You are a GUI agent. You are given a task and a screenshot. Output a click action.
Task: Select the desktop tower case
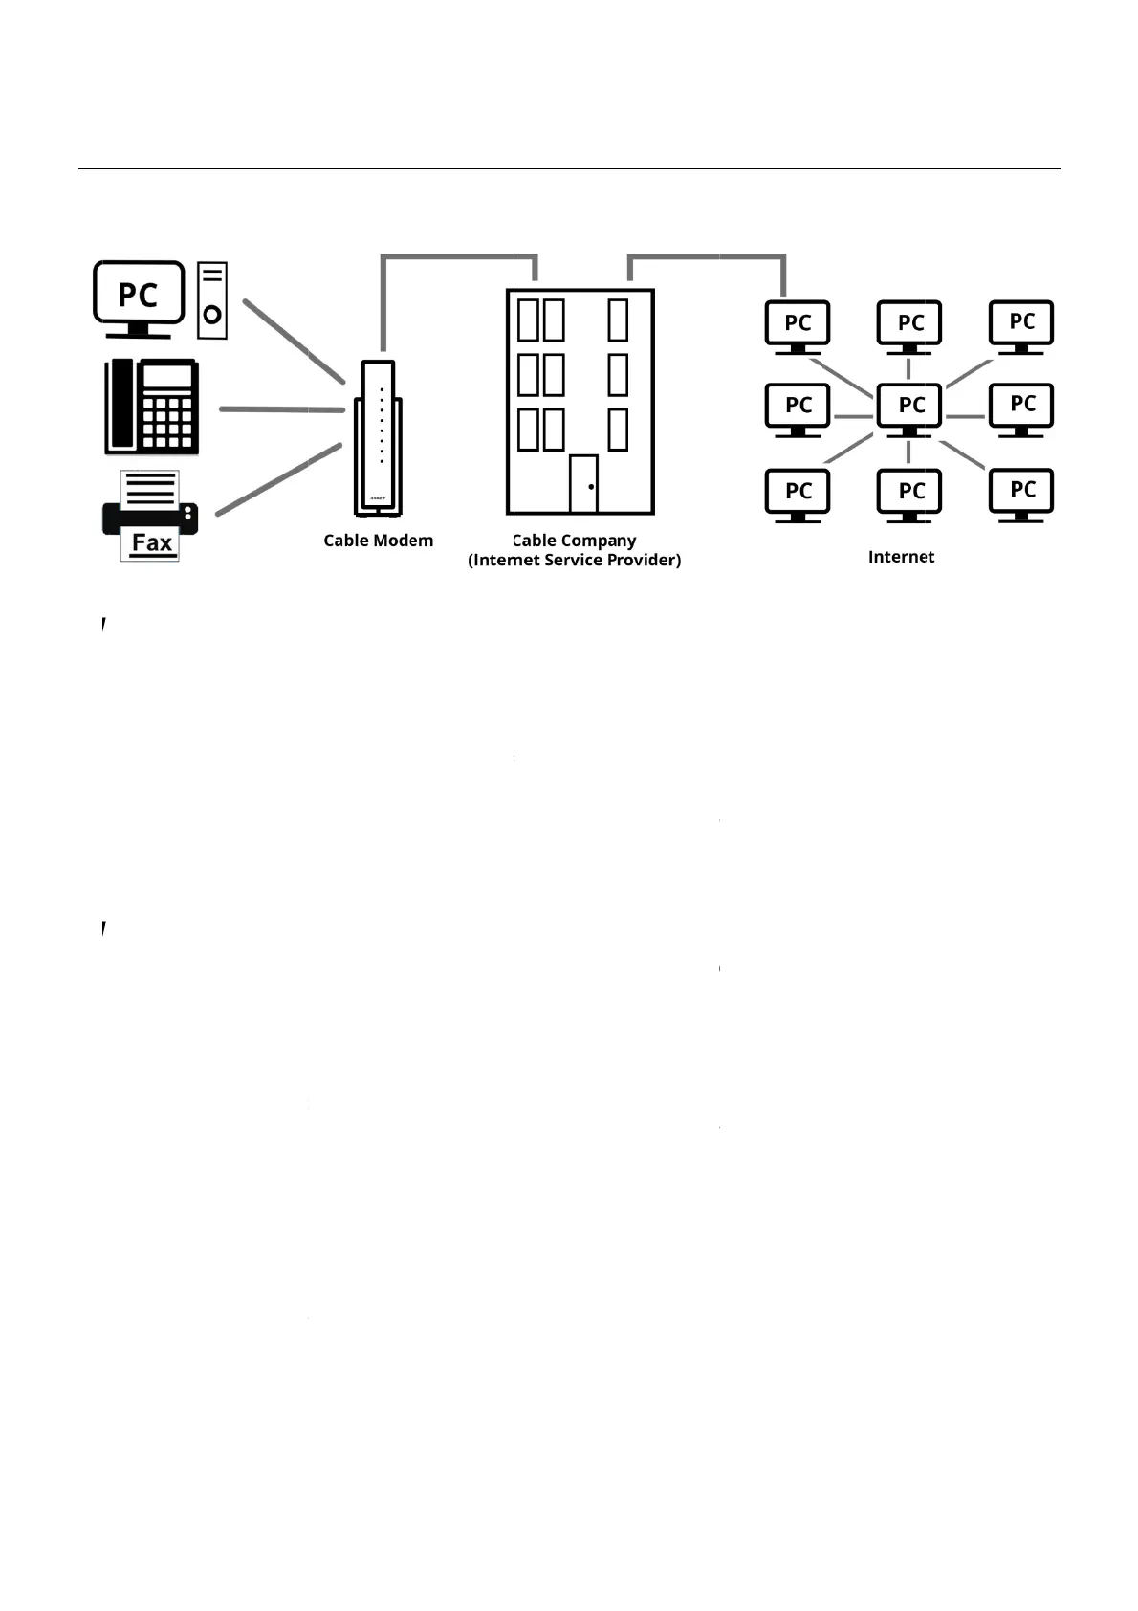[212, 299]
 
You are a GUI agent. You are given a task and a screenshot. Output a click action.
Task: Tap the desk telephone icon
[152, 407]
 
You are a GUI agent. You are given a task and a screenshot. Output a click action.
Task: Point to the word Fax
[152, 543]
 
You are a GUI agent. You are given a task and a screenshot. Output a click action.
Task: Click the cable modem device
[379, 438]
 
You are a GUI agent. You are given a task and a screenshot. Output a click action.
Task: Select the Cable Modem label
[378, 541]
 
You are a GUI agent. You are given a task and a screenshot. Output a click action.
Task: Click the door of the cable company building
[583, 484]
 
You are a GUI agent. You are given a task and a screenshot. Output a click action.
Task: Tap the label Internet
[901, 557]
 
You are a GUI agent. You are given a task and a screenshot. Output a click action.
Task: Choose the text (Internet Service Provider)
[574, 560]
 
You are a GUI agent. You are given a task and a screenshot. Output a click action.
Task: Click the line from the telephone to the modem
[281, 409]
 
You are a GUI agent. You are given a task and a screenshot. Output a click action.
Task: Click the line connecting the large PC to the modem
[293, 341]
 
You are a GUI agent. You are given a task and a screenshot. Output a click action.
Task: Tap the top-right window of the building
[618, 320]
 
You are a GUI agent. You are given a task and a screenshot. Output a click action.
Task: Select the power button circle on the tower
[212, 314]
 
